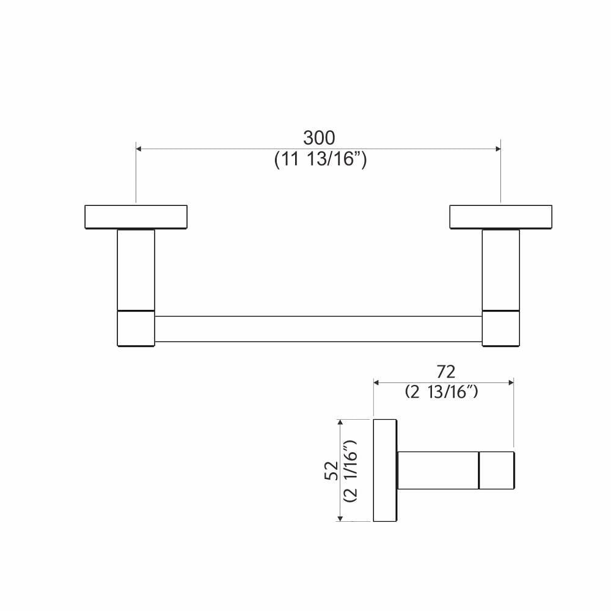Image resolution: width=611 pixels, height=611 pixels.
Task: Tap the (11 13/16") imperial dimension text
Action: pyautogui.click(x=320, y=160)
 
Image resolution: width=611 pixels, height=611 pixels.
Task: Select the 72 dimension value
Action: pyautogui.click(x=445, y=371)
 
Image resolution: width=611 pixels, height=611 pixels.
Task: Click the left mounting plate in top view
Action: pyautogui.click(x=136, y=217)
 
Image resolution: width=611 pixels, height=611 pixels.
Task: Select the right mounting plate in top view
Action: pyautogui.click(x=500, y=217)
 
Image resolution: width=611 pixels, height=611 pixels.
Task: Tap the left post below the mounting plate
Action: pyautogui.click(x=136, y=269)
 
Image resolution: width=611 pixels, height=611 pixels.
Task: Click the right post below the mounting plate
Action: pyautogui.click(x=500, y=269)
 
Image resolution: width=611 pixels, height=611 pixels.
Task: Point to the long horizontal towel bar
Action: pyautogui.click(x=318, y=329)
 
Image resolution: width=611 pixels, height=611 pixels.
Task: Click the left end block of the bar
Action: pyautogui.click(x=136, y=329)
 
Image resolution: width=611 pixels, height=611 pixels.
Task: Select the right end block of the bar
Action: pyautogui.click(x=500, y=329)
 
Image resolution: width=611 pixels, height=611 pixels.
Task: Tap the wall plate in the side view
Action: pyautogui.click(x=385, y=470)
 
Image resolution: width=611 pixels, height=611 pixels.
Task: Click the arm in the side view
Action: pyautogui.click(x=437, y=470)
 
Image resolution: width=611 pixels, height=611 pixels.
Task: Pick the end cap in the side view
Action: pyautogui.click(x=497, y=470)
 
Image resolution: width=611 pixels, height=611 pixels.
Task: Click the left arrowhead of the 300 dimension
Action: pyautogui.click(x=139, y=148)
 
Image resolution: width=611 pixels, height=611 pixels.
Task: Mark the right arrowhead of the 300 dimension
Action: pyautogui.click(x=497, y=148)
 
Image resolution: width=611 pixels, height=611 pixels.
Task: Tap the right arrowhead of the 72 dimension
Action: pyautogui.click(x=510, y=382)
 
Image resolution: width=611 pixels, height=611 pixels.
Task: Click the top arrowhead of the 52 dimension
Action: pyautogui.click(x=340, y=422)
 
